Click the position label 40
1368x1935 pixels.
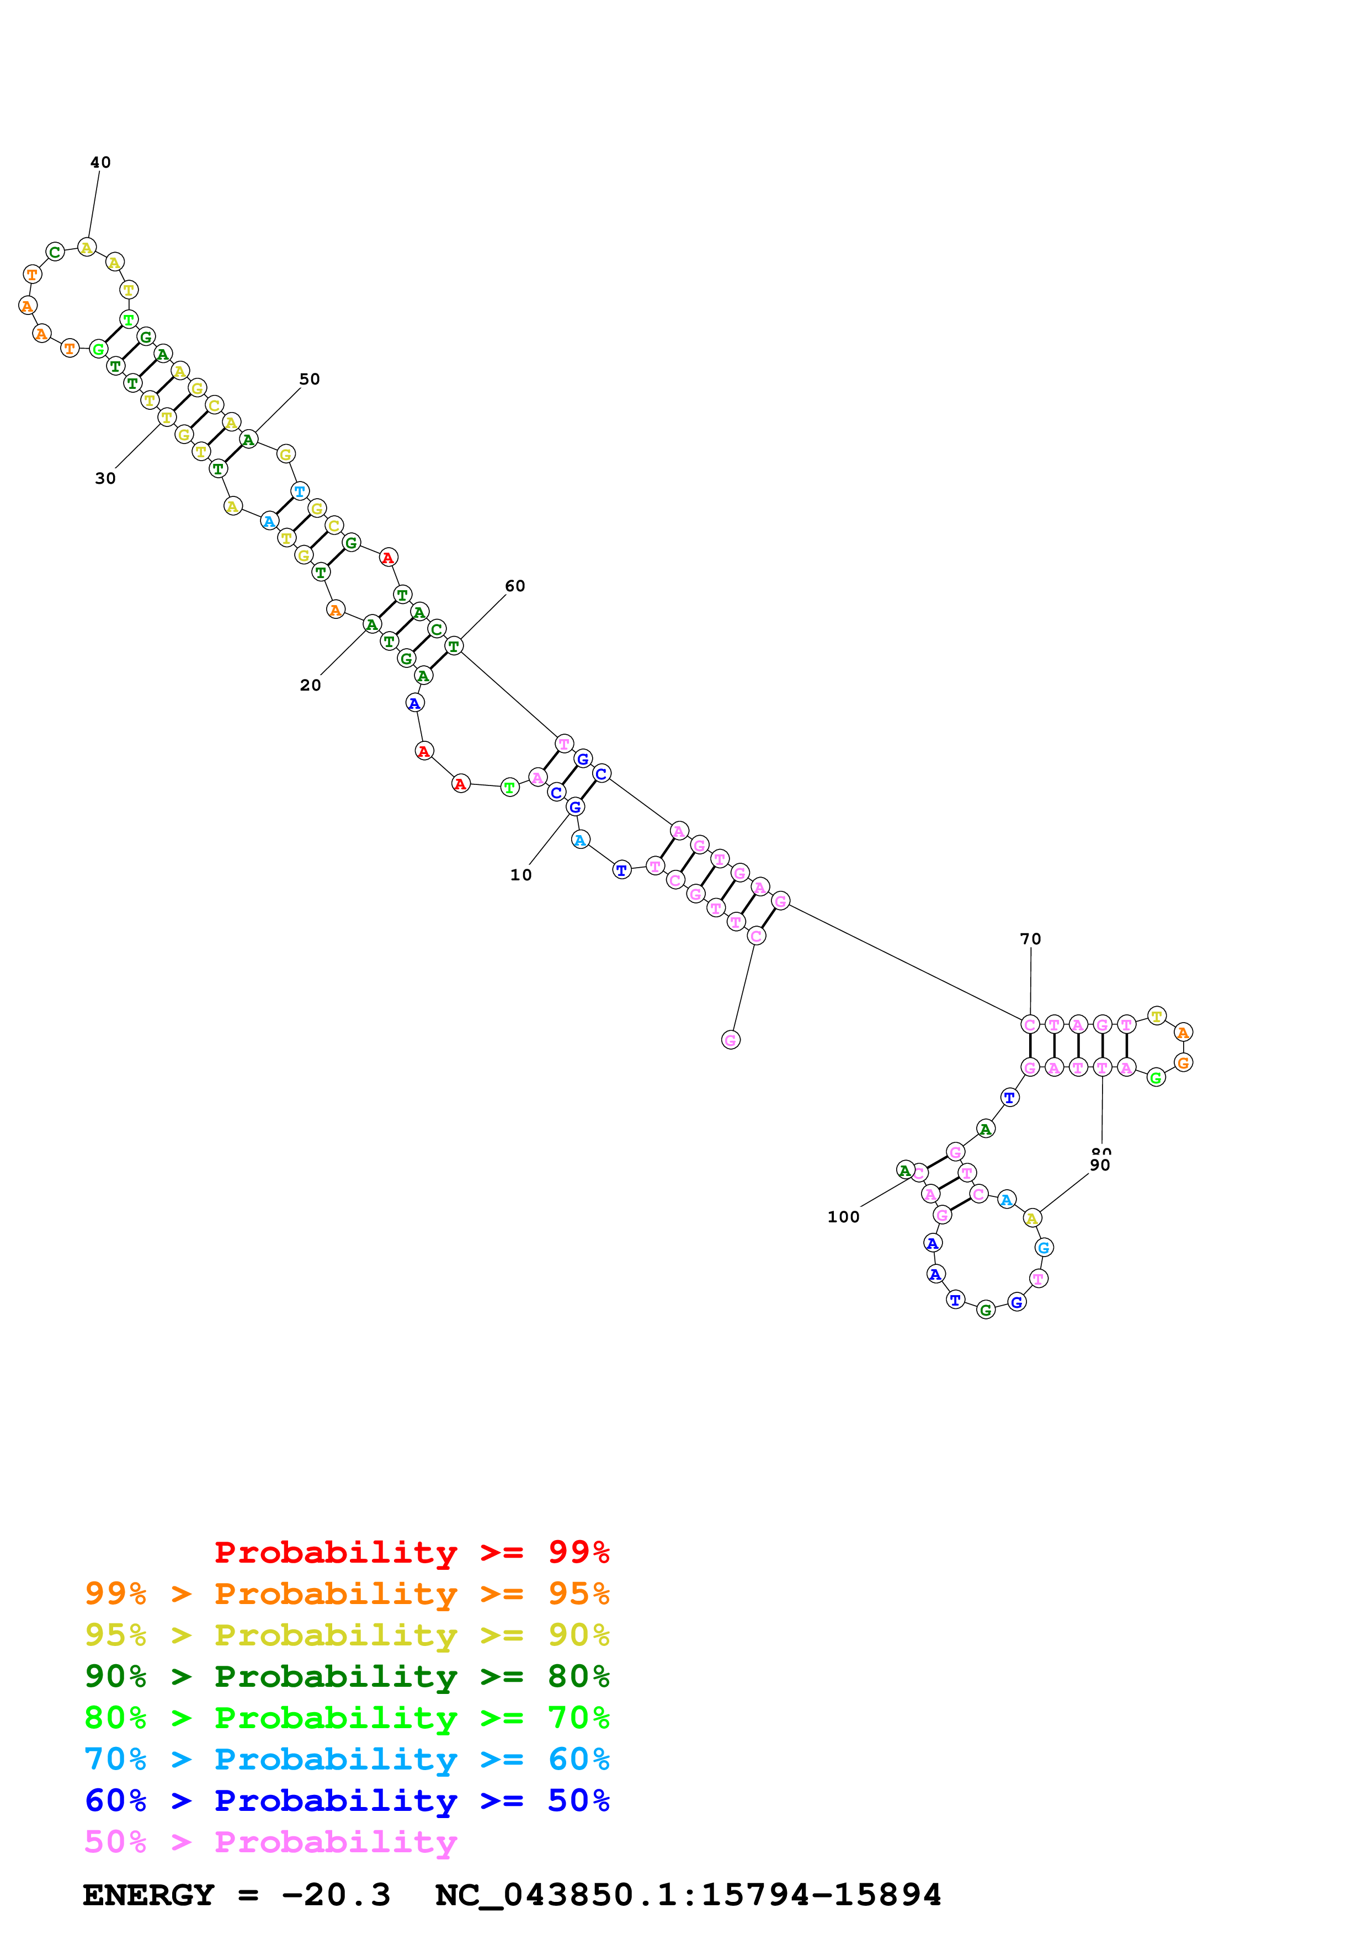point(100,163)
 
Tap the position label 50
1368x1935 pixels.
point(310,379)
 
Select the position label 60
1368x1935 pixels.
point(515,586)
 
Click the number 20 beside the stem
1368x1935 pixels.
point(310,685)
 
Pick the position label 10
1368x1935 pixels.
point(521,875)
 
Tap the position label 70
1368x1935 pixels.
point(1030,939)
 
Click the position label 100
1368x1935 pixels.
point(843,1217)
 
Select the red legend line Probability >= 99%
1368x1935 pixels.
point(411,1552)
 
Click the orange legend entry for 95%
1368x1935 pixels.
point(347,1593)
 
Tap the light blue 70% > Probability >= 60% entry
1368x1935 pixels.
point(347,1759)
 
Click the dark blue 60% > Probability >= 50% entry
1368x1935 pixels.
point(347,1800)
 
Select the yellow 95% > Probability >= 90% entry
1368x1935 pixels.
point(347,1634)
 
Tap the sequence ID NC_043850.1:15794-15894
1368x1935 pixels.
point(688,1895)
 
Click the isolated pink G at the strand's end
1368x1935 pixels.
point(731,1040)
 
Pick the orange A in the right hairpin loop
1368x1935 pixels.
point(1183,1033)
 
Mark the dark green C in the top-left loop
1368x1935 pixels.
point(55,252)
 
